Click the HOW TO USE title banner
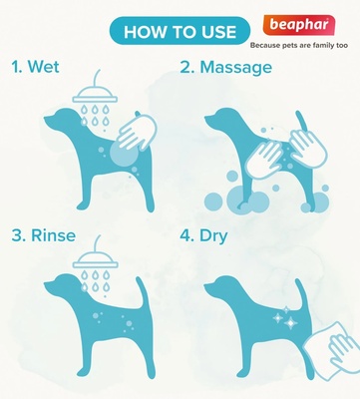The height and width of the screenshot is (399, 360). click(180, 31)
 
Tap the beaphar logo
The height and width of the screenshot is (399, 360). click(299, 26)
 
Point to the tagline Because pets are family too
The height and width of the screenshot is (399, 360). click(299, 45)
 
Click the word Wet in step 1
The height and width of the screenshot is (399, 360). click(44, 66)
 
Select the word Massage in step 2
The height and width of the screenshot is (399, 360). click(235, 68)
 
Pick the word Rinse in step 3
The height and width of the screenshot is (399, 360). click(53, 235)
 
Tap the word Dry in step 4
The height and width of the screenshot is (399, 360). click(213, 236)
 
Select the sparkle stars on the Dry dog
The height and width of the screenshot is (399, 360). click(285, 317)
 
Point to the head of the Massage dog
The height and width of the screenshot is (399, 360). click(221, 119)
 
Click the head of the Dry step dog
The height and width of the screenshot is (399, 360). click(221, 286)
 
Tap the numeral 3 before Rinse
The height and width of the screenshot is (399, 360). click(17, 235)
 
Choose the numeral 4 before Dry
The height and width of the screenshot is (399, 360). click(185, 235)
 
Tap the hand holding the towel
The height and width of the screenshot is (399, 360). click(342, 352)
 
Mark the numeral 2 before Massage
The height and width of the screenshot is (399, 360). click(185, 67)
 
